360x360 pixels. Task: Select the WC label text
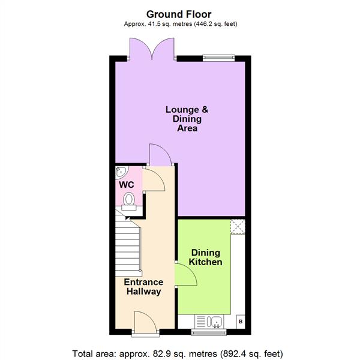point(126,185)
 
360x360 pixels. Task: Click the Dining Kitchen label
point(206,257)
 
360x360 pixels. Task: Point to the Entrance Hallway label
point(143,287)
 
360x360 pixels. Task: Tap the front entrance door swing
point(143,321)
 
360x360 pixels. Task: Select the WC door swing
point(152,179)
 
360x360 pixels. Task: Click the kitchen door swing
point(186,275)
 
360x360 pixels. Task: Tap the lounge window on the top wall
point(219,58)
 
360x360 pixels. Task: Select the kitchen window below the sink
point(206,330)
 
